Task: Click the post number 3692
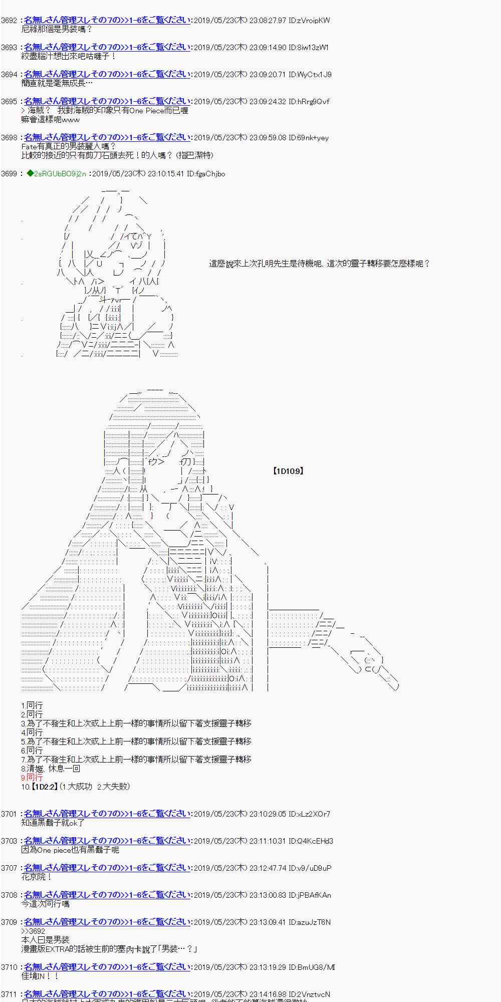pos(9,21)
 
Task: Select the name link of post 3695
pos(107,101)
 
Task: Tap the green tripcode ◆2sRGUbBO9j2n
pos(56,174)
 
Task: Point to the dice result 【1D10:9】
pos(288,471)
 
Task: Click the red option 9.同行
pos(32,778)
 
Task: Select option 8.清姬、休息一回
pos(50,769)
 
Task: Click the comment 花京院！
pos(37,877)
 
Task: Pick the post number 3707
pos(9,868)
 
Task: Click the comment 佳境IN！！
pos(40,976)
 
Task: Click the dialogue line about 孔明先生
pos(319,264)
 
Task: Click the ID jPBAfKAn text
pos(310,895)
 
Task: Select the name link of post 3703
pos(107,841)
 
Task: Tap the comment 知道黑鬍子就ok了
pos(53,823)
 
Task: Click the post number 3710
pos(9,967)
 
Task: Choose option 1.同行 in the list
pos(32,705)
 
